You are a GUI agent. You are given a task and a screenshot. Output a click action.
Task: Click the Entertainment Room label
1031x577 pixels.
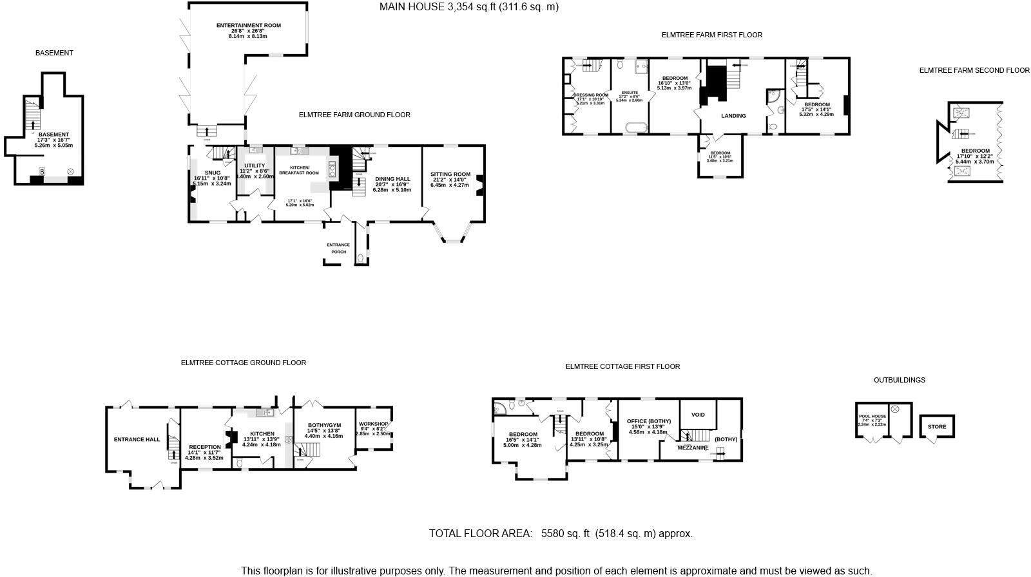click(x=248, y=26)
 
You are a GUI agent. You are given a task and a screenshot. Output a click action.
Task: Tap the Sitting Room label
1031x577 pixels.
click(x=452, y=175)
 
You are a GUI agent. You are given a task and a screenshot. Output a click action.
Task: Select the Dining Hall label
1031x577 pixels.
click(x=392, y=179)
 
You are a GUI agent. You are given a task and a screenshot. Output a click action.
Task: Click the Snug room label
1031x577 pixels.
click(x=212, y=173)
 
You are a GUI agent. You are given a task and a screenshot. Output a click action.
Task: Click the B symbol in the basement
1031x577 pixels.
click(x=43, y=171)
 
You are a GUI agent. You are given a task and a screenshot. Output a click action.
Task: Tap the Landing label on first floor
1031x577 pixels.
click(x=733, y=116)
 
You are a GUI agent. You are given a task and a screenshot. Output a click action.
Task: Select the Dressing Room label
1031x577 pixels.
click(x=591, y=95)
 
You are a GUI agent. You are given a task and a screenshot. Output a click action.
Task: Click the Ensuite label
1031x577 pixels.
click(x=629, y=93)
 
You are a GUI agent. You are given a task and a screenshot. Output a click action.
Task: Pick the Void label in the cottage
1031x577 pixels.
click(x=698, y=415)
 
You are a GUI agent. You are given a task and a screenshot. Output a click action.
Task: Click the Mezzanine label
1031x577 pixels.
click(x=693, y=448)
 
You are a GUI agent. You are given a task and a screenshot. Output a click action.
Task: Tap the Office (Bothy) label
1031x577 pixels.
click(x=649, y=421)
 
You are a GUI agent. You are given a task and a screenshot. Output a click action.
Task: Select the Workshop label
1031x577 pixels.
click(x=374, y=424)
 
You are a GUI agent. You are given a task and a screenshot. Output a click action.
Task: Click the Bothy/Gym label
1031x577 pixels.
click(x=324, y=425)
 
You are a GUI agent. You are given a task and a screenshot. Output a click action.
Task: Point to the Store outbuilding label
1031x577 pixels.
click(x=937, y=427)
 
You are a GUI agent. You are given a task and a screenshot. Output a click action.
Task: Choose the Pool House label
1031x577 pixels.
click(x=872, y=417)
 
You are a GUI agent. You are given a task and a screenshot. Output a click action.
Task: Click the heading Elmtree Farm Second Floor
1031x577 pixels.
click(x=974, y=70)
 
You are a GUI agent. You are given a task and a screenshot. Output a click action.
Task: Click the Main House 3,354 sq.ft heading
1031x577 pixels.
click(x=468, y=7)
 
